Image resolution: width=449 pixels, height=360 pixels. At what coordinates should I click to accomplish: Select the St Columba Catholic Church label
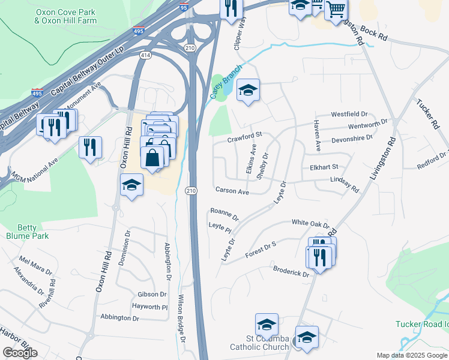tap(259, 343)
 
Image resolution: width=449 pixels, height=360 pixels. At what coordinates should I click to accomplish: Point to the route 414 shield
tap(145, 55)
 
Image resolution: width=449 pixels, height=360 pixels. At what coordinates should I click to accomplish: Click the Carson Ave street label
tap(232, 191)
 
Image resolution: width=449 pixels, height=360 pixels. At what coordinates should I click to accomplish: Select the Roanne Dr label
tap(224, 214)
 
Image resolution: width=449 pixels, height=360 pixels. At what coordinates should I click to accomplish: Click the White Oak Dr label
tap(310, 223)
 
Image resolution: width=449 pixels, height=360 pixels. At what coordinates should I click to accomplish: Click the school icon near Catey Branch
tap(248, 91)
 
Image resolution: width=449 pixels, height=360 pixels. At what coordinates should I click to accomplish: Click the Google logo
tap(20, 353)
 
